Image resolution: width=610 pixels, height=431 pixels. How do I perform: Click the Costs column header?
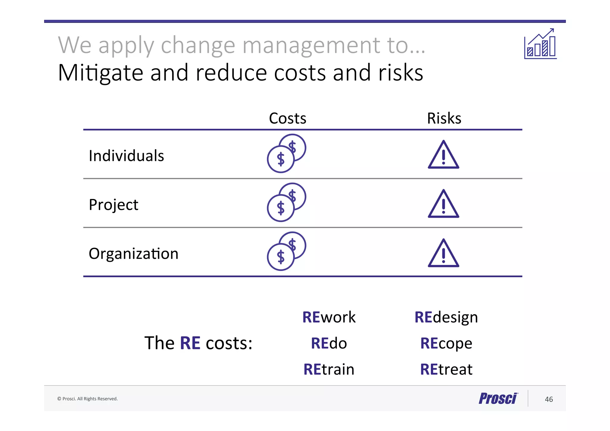click(x=287, y=118)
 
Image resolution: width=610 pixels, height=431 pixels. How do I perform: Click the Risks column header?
click(x=444, y=118)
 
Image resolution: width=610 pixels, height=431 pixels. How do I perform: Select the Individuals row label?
click(x=126, y=156)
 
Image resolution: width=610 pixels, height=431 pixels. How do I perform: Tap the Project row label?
click(x=113, y=205)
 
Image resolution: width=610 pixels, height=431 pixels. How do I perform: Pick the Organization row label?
click(x=133, y=254)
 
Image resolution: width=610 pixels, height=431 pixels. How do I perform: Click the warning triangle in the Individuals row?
click(x=444, y=155)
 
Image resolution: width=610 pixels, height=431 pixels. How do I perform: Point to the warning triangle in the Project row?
click(x=444, y=204)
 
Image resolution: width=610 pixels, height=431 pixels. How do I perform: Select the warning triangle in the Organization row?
click(x=444, y=253)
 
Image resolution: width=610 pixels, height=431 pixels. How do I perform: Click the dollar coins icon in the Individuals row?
click(x=286, y=153)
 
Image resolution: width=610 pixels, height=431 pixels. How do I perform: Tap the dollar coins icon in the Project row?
click(x=286, y=202)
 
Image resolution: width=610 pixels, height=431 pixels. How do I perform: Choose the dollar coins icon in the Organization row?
click(x=286, y=251)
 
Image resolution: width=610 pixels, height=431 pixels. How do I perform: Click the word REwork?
click(x=329, y=317)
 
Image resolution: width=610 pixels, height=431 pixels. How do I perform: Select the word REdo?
click(x=329, y=343)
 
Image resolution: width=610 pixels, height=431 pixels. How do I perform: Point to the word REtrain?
click(x=329, y=369)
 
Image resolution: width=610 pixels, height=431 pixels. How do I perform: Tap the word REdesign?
click(x=446, y=317)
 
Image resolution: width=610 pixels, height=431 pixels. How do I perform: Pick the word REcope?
click(x=446, y=343)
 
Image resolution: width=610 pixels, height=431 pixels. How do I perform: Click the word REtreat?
click(x=446, y=369)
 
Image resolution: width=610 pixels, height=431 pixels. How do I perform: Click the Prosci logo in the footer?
click(x=498, y=399)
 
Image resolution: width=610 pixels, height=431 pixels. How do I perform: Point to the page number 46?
click(x=549, y=399)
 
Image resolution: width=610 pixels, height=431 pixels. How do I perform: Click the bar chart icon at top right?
click(x=540, y=44)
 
